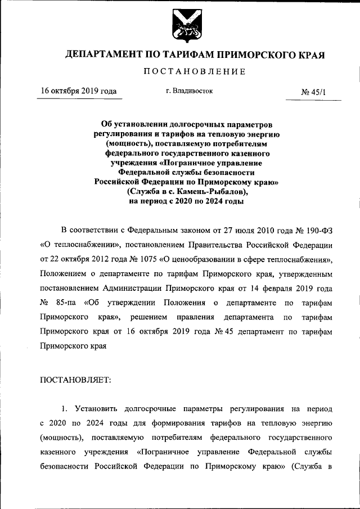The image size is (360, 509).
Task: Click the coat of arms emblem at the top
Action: (x=180, y=26)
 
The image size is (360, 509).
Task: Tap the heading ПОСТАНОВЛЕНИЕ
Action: (x=195, y=72)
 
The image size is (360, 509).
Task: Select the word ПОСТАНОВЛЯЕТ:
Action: (x=76, y=380)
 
